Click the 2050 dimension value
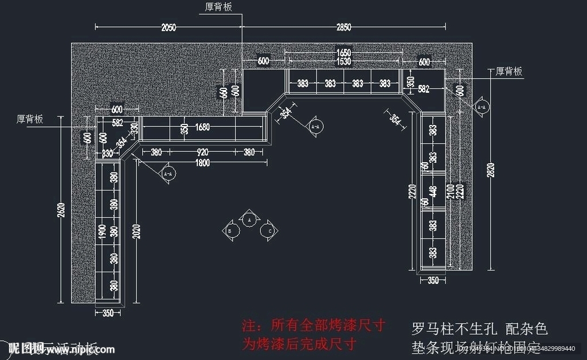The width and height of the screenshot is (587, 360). (x=168, y=27)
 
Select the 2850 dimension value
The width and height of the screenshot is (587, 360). (x=343, y=27)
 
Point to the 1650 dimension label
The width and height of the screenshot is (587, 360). (x=343, y=53)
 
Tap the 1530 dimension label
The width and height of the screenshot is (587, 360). (x=343, y=61)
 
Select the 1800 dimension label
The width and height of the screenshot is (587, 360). (x=202, y=162)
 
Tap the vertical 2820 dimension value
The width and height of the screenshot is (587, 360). (x=491, y=170)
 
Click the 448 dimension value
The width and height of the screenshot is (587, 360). (x=433, y=191)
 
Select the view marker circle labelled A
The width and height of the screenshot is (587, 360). (x=249, y=219)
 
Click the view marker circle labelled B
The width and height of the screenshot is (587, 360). (x=230, y=230)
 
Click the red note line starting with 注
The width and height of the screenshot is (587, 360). (x=313, y=326)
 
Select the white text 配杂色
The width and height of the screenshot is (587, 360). (x=527, y=329)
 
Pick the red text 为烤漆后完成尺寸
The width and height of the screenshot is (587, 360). (x=299, y=345)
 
